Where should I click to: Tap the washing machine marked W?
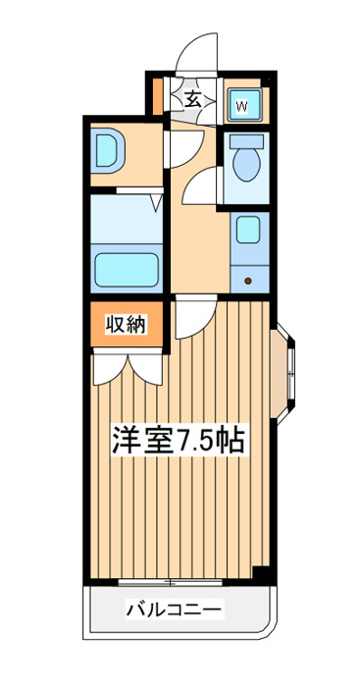click(245, 105)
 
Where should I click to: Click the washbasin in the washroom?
click(110, 151)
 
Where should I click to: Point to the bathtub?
click(127, 270)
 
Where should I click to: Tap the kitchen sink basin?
click(247, 230)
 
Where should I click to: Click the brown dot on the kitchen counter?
click(248, 281)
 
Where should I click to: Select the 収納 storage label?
click(126, 325)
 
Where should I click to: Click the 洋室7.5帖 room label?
click(179, 439)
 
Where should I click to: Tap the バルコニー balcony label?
click(175, 608)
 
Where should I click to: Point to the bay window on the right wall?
click(283, 374)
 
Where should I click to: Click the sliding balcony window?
click(170, 582)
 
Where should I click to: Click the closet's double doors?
click(128, 368)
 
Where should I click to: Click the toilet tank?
click(246, 141)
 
